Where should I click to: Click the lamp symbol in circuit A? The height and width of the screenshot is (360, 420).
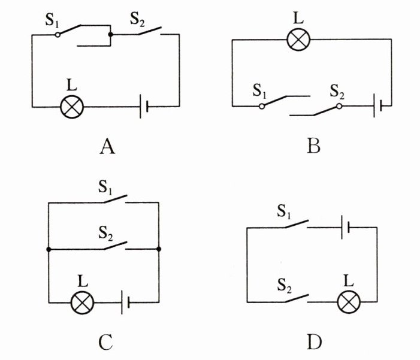[72, 107]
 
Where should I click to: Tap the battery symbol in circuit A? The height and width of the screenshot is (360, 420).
[144, 107]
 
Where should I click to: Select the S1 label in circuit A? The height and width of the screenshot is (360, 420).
[52, 20]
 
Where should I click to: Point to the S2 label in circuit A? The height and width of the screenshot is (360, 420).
[137, 19]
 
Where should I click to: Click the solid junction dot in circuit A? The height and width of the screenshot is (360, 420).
[110, 35]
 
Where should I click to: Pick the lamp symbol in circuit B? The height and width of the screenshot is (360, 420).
[298, 40]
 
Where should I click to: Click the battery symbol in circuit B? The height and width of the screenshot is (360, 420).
[377, 106]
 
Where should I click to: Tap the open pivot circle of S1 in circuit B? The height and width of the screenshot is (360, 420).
[262, 107]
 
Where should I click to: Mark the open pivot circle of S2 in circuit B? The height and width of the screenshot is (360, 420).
[339, 107]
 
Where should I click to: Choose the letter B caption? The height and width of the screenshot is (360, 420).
[313, 147]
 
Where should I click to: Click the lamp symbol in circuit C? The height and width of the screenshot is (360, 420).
[82, 302]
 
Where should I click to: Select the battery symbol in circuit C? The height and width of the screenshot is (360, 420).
[125, 302]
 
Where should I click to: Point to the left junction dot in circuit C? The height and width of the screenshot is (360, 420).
[49, 249]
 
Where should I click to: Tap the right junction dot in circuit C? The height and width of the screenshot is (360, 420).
[159, 249]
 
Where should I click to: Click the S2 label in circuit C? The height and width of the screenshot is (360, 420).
[105, 233]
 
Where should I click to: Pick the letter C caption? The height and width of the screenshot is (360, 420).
[106, 342]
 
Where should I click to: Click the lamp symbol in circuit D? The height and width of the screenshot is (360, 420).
[349, 302]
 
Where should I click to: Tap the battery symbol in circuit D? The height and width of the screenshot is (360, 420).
[345, 228]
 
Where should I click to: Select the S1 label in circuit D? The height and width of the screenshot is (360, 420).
[284, 211]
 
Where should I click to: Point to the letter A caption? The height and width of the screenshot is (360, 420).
[107, 147]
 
